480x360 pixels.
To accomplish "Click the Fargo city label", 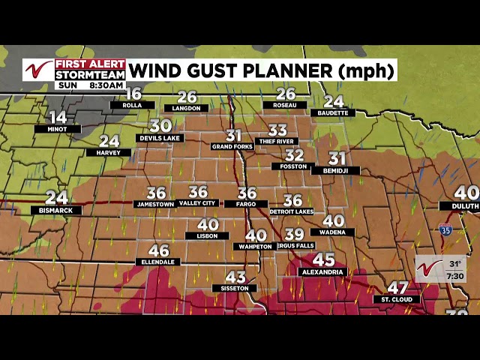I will pyautogui.click(x=246, y=204).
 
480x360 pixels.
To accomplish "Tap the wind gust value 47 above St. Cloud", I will pyautogui.click(x=397, y=288).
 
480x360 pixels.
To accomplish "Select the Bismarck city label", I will pyautogui.click(x=56, y=211).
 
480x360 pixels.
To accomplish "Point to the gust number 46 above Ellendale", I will pyautogui.click(x=159, y=251).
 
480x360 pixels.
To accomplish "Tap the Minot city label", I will pyautogui.click(x=57, y=129).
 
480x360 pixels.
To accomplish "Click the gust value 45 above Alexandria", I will pyautogui.click(x=324, y=259).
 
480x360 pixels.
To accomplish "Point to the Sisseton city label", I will pyautogui.click(x=235, y=288).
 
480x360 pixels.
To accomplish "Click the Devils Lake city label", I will pyautogui.click(x=160, y=139).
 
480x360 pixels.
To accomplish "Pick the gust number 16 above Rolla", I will pyautogui.click(x=133, y=94).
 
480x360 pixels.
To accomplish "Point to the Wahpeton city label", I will pyautogui.click(x=255, y=246).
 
